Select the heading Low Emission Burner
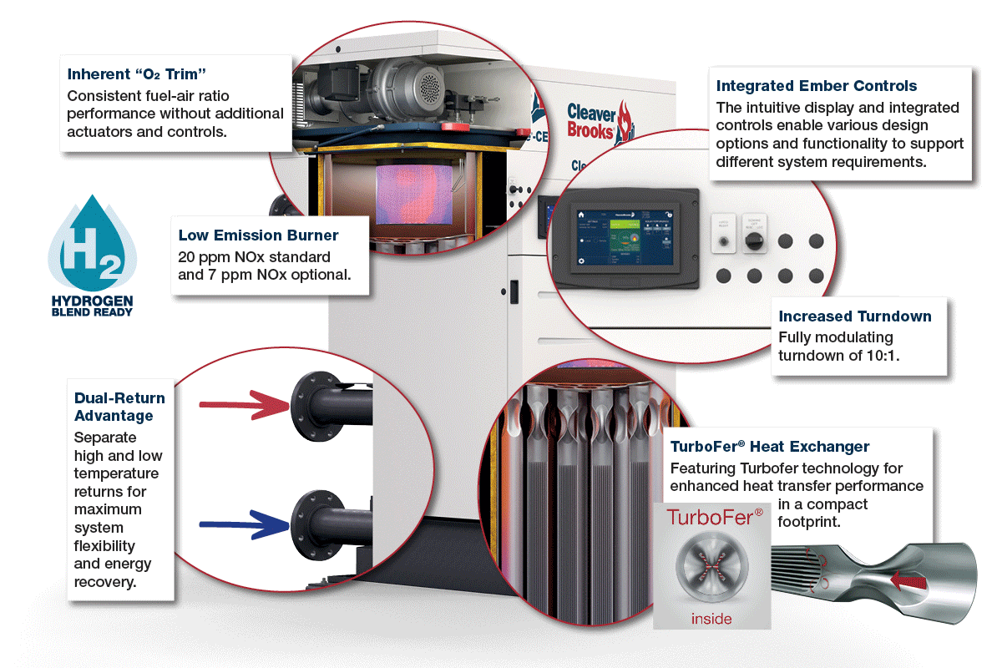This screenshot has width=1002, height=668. pos(258,235)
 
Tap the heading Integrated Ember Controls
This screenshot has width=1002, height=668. pos(817,86)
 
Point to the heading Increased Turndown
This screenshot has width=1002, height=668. pos(854,316)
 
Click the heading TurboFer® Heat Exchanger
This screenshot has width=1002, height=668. pos(770,447)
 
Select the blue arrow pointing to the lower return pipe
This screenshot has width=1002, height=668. pos(242,525)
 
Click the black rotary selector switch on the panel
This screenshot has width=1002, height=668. pos(754,240)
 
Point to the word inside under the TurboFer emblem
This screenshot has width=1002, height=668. pos(711,619)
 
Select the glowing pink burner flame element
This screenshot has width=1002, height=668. pos(413,195)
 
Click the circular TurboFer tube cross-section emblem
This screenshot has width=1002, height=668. pos(711,567)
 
